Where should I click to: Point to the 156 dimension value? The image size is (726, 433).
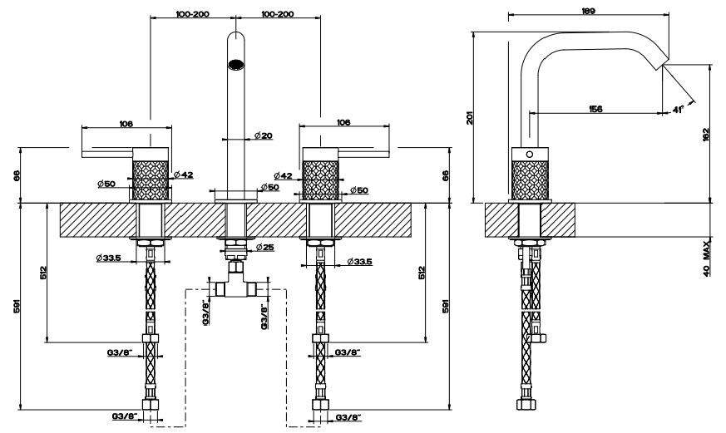click(x=595, y=109)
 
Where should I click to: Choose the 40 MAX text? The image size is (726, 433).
click(x=707, y=258)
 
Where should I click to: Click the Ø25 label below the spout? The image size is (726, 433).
click(x=264, y=248)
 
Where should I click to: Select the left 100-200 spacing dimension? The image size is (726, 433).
click(x=192, y=14)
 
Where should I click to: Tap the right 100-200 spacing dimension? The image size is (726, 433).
click(x=278, y=14)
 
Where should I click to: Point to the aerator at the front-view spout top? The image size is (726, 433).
click(x=236, y=63)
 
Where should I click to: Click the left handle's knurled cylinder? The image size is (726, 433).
click(x=151, y=175)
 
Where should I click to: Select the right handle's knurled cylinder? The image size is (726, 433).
click(x=320, y=175)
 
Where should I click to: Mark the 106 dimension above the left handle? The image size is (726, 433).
click(x=126, y=124)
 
